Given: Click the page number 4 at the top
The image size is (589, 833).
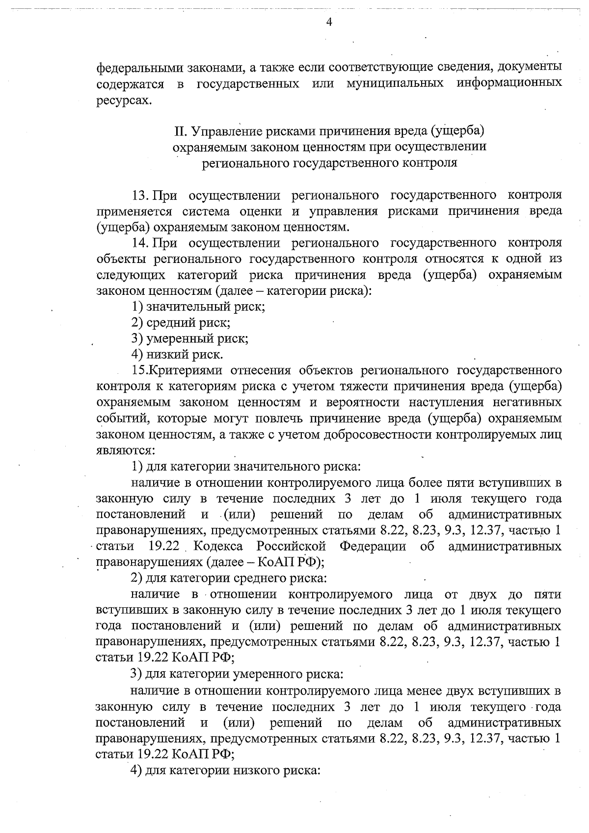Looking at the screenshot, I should click(x=329, y=22).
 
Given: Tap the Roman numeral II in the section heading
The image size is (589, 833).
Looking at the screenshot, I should click(x=181, y=131).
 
